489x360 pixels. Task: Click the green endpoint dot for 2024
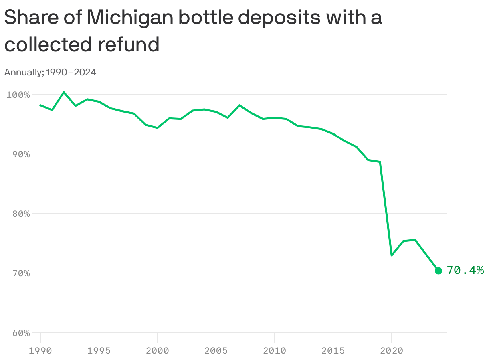[x=438, y=271]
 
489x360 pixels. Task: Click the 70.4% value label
[x=465, y=271]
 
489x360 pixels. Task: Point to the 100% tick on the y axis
[x=18, y=95]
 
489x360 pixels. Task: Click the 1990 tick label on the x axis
[x=40, y=351]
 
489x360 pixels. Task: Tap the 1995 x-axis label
[x=99, y=351]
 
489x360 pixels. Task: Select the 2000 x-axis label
[x=158, y=351]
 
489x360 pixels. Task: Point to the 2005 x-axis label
[x=216, y=351]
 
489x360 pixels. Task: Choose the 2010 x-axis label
[x=275, y=351]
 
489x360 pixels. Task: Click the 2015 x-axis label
[x=333, y=351]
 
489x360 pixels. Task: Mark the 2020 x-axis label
[x=392, y=351]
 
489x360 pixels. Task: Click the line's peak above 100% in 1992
[x=64, y=92]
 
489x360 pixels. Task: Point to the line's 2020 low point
[x=392, y=255]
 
